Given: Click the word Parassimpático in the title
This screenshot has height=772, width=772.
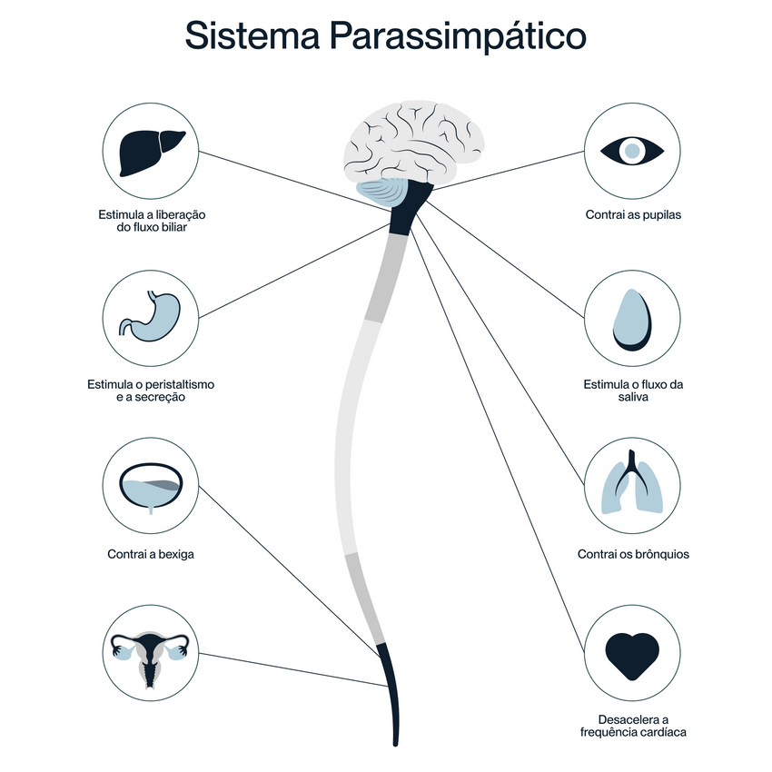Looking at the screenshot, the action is tap(458, 36).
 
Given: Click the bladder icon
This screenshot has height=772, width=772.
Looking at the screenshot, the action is tap(151, 488).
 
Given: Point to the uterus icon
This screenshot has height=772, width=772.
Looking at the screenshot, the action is tap(150, 658).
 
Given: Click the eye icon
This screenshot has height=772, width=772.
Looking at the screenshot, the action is tap(632, 151).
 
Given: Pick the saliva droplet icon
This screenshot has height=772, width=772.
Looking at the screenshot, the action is tap(632, 320).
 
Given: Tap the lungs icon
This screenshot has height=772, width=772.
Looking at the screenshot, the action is tap(632, 482).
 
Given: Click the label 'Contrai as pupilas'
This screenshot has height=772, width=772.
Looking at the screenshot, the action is tap(633, 214).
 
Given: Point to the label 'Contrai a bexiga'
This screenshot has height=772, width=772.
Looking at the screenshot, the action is tap(151, 554).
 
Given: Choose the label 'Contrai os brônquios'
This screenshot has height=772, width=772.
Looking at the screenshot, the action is tap(633, 554).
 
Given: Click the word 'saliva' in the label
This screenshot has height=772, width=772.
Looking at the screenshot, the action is tap(633, 397).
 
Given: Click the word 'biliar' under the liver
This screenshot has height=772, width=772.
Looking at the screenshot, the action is tap(173, 227).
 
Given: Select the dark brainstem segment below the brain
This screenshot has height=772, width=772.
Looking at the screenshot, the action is tap(410, 207).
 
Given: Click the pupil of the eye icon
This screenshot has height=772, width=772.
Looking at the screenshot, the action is tap(632, 151).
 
